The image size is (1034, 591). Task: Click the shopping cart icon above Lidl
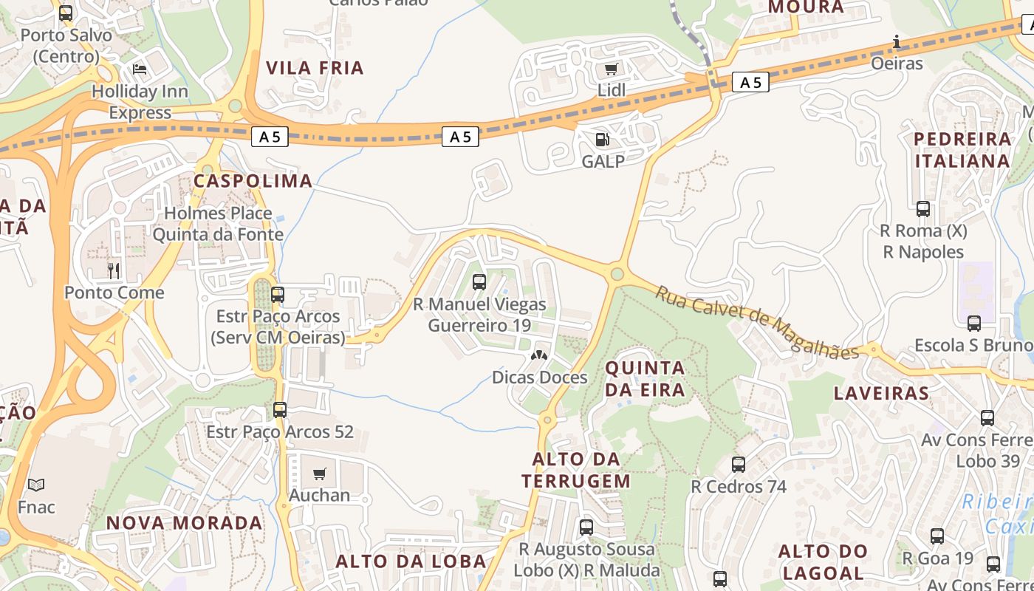click(x=611, y=69)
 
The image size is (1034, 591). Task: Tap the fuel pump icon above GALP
click(x=603, y=140)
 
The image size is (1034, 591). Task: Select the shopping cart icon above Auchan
click(x=319, y=474)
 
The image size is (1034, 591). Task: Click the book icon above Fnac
click(x=36, y=485)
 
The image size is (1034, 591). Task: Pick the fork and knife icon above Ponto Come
click(x=114, y=271)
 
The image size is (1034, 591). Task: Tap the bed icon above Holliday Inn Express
click(x=140, y=70)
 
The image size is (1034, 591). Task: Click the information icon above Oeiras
click(x=897, y=41)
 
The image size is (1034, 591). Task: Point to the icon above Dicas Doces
click(x=539, y=355)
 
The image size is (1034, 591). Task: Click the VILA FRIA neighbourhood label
click(x=315, y=68)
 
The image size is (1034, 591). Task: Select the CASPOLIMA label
click(x=253, y=181)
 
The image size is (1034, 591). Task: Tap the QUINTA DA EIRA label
click(x=646, y=378)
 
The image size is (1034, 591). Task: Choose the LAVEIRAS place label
click(x=881, y=393)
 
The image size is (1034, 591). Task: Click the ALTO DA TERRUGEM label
click(x=576, y=470)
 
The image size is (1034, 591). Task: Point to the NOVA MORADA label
click(x=185, y=523)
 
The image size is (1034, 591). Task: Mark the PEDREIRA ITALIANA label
click(x=962, y=150)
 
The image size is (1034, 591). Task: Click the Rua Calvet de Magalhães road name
click(x=758, y=321)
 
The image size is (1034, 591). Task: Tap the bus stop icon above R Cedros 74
click(x=739, y=465)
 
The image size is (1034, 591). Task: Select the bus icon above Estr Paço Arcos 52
click(x=280, y=410)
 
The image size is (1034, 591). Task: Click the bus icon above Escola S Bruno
click(x=974, y=323)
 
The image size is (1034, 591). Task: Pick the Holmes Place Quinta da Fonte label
click(x=218, y=224)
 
